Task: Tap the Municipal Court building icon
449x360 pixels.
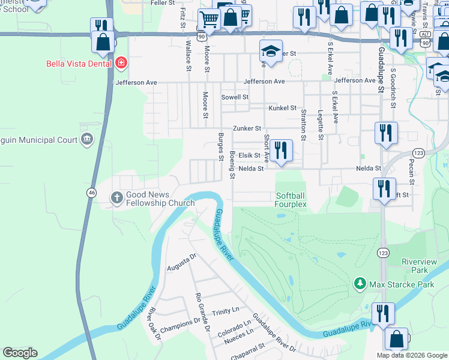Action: pyautogui.click(x=87, y=140)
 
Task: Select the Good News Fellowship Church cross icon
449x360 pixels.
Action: pyautogui.click(x=117, y=197)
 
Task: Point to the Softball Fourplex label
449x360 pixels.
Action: pyautogui.click(x=291, y=200)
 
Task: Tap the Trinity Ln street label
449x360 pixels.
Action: pyautogui.click(x=225, y=312)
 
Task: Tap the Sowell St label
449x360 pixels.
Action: pyautogui.click(x=234, y=97)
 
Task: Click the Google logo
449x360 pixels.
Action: pyautogui.click(x=20, y=353)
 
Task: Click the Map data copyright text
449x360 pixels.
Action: pyautogui.click(x=411, y=355)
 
